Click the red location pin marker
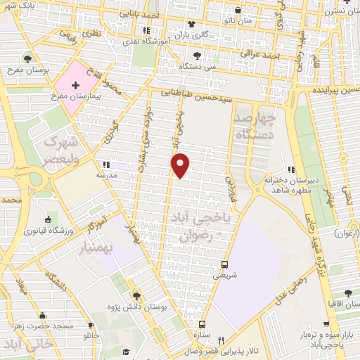(181, 165)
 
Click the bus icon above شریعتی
(224, 264)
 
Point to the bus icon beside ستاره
(202, 325)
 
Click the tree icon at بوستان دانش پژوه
(136, 295)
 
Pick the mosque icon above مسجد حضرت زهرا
(42, 315)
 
